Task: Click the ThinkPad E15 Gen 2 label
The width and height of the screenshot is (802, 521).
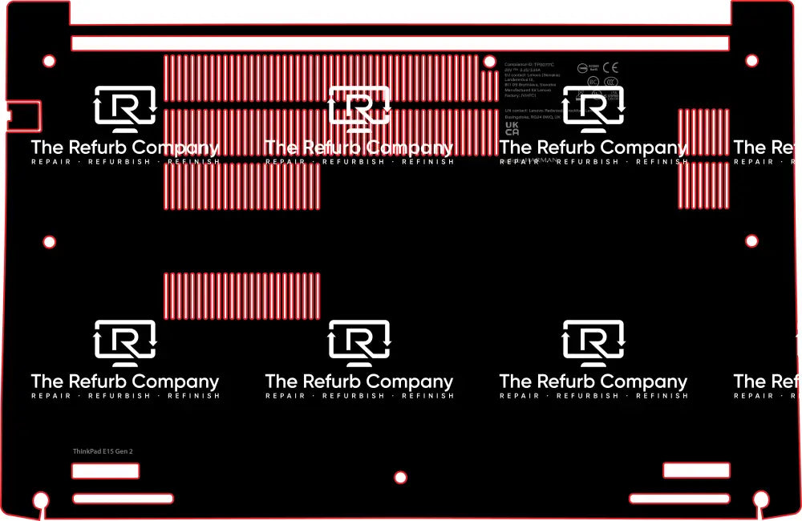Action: click(103, 451)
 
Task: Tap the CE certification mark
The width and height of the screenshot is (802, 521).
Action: click(610, 68)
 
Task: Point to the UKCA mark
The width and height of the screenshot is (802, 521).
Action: click(512, 127)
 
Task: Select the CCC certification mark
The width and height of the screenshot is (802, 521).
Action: click(611, 81)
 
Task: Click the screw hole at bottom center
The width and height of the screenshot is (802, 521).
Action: click(401, 478)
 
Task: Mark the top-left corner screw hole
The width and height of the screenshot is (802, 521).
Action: click(49, 60)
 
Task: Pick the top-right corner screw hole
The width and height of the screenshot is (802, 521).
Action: click(751, 60)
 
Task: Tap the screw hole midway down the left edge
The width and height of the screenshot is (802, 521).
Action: click(49, 241)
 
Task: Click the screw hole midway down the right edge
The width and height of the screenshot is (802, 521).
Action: click(751, 240)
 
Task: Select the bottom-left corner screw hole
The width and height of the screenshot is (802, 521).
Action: click(38, 501)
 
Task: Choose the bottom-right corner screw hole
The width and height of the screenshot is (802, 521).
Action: click(761, 500)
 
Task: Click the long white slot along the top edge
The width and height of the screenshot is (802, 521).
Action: click(399, 43)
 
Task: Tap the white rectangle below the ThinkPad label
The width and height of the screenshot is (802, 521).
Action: click(105, 471)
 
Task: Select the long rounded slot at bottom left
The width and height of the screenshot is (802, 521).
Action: click(122, 499)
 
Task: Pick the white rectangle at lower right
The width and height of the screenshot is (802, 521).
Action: click(696, 471)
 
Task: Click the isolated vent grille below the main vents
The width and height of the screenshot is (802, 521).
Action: click(241, 296)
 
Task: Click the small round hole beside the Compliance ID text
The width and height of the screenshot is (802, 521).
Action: click(488, 61)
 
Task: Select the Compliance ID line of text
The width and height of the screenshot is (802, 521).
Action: click(529, 63)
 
